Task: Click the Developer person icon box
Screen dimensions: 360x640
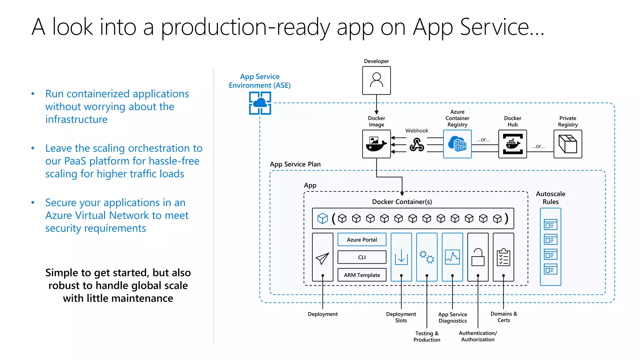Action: coord(376,80)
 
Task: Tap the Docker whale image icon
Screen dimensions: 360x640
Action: coord(376,144)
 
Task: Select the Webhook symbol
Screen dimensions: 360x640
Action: coord(417,144)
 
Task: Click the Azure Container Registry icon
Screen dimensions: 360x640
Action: coord(457,144)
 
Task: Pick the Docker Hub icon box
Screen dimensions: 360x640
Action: coord(512,144)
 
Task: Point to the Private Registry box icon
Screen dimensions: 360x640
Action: coord(567,144)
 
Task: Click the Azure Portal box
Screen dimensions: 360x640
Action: coord(362,240)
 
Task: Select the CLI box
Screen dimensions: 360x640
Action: coord(362,257)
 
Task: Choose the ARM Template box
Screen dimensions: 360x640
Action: coord(362,275)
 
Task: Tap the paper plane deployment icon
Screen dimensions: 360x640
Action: coord(322,258)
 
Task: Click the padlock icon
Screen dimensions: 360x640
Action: coord(478,257)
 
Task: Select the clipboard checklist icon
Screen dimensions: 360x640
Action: coord(503,257)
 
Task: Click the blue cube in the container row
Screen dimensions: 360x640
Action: coord(322,218)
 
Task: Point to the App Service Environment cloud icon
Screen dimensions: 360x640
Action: coord(260,103)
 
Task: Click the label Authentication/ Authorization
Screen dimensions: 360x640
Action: coord(478,336)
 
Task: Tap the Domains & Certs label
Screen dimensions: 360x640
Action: coord(503,317)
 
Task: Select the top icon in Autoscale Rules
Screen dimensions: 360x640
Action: coord(550,225)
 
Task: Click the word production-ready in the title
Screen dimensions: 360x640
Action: coord(245,27)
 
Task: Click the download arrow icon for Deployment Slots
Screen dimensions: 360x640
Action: coord(401,257)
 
